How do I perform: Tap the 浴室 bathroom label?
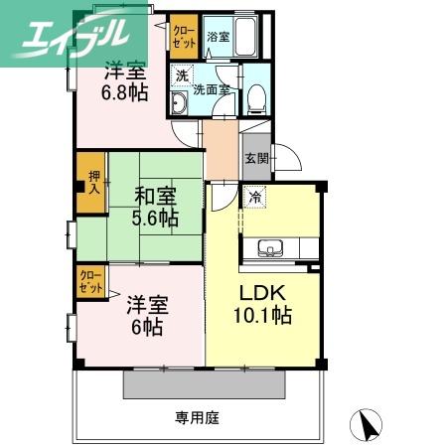[219, 37]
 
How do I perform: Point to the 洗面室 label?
[212, 88]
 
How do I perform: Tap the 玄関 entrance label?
[255, 159]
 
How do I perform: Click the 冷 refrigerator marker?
[256, 197]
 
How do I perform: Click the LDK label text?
[263, 295]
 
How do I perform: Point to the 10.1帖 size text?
[263, 317]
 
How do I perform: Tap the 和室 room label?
[154, 194]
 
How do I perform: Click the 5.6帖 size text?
[154, 218]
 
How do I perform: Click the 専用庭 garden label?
[197, 418]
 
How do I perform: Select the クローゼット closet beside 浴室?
[183, 37]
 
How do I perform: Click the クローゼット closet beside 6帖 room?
[92, 281]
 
